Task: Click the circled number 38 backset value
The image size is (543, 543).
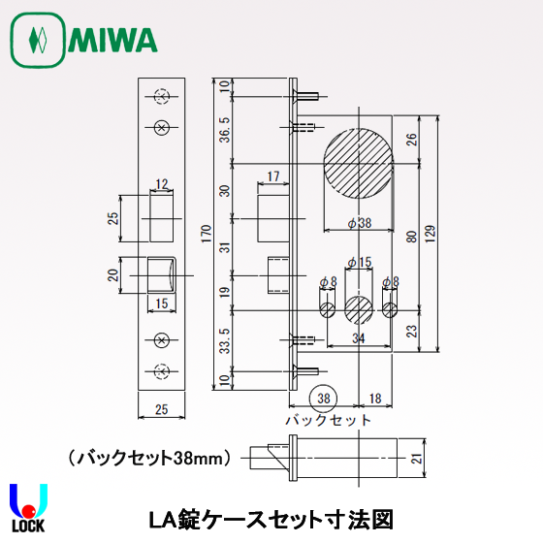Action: [323, 397]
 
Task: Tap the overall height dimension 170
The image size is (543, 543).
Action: [206, 234]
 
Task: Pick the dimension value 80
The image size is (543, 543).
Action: [413, 237]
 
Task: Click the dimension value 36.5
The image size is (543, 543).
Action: [226, 128]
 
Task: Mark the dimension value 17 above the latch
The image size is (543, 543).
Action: [271, 176]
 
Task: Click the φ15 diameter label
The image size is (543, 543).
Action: [359, 262]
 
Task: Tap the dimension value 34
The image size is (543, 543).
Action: [359, 337]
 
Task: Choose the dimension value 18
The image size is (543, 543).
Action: [374, 397]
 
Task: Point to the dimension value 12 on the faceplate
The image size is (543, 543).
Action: [161, 182]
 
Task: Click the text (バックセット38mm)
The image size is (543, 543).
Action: [149, 456]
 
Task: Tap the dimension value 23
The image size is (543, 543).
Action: [413, 331]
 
